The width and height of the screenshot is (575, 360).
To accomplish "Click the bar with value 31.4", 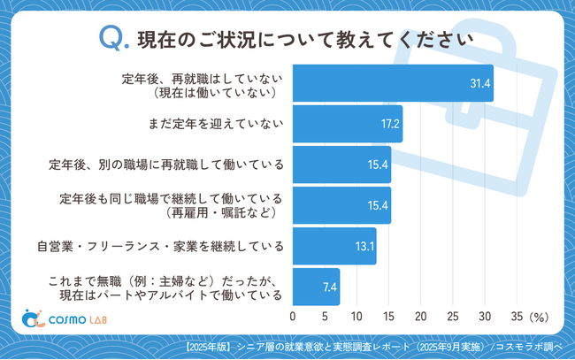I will tap(392, 83).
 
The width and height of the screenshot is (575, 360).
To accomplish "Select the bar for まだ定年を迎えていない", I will tap(347, 124).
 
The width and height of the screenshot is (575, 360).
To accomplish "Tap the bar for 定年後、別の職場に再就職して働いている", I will tap(341, 165).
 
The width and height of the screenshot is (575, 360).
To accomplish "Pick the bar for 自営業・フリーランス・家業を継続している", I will tap(334, 246).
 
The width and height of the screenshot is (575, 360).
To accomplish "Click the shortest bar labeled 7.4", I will tap(316, 287).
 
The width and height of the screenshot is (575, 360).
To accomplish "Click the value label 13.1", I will tap(364, 246).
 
